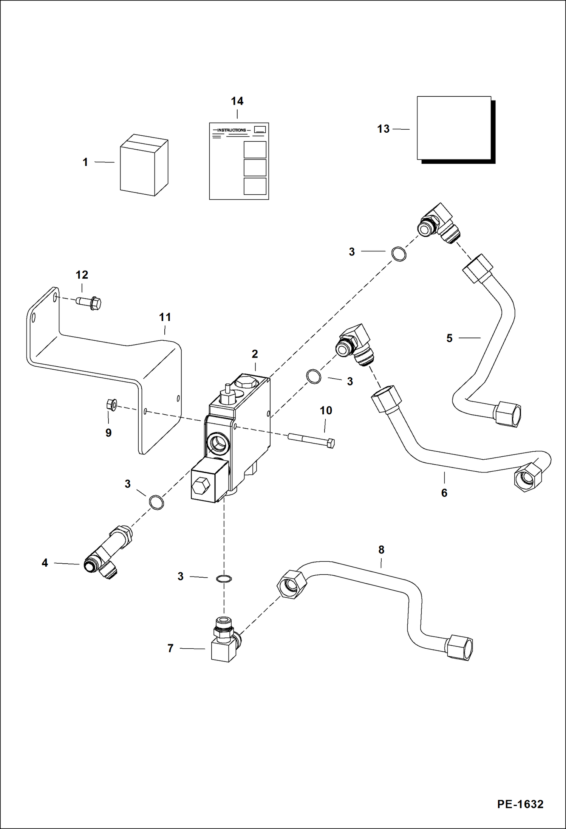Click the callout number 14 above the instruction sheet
point(237,101)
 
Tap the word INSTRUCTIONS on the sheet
point(231,130)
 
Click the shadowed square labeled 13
point(454,128)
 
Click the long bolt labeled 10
point(311,441)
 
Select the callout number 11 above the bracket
point(165,317)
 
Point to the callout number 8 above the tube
point(381,550)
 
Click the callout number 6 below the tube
point(444,493)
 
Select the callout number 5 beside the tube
point(449,338)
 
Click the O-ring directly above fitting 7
point(224,578)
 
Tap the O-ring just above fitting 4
point(156,502)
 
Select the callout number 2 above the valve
point(255,354)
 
